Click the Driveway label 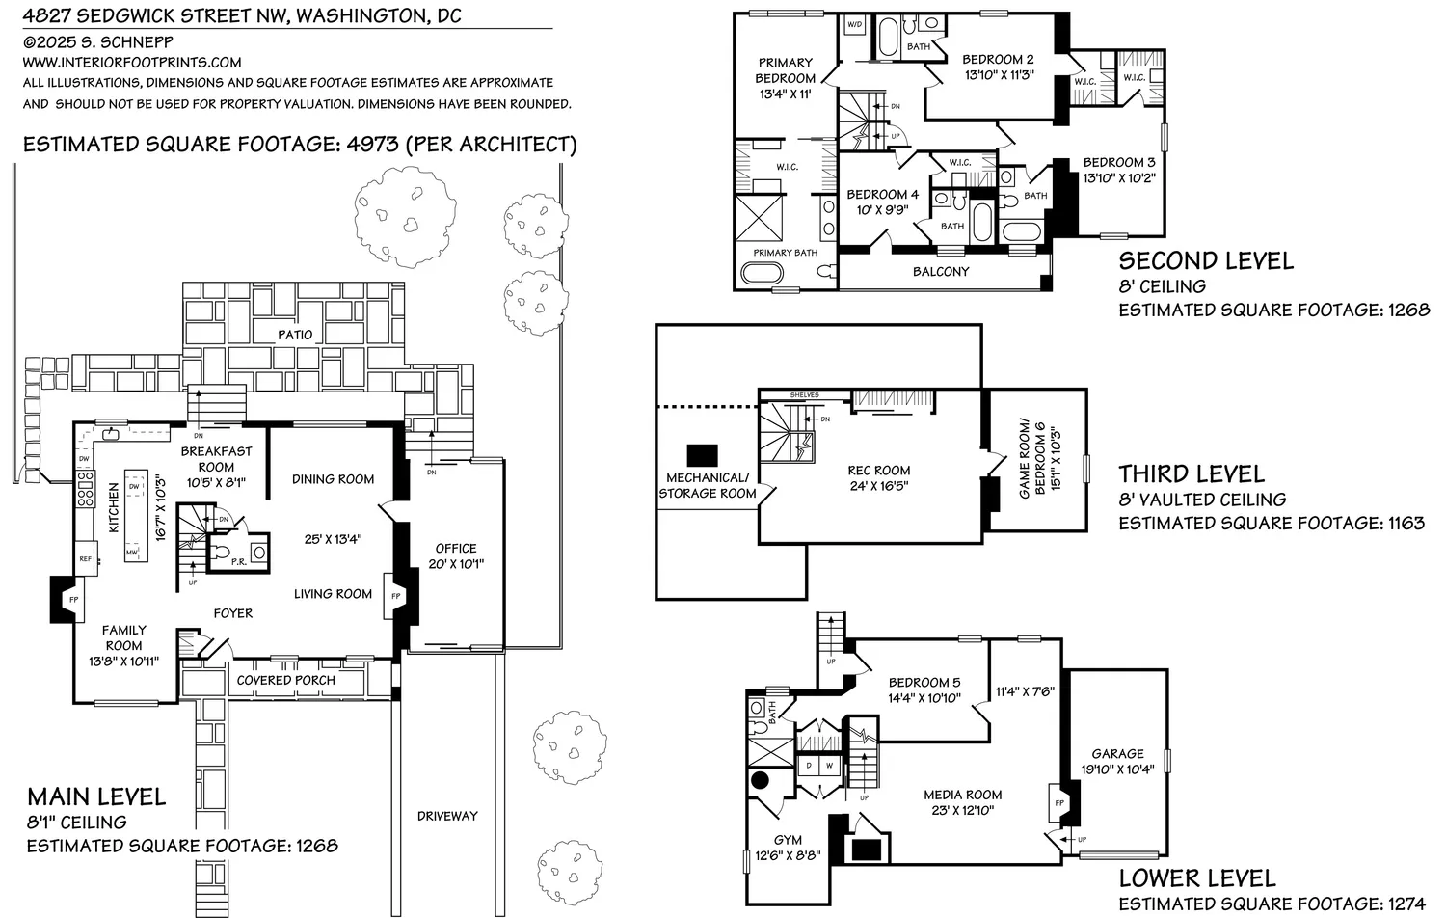[x=447, y=816]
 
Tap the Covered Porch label [x=286, y=680]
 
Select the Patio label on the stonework [x=295, y=335]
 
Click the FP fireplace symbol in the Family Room [x=73, y=600]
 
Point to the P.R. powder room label [x=238, y=560]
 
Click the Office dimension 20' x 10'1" [x=456, y=564]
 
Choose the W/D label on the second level [x=855, y=24]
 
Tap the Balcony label [x=941, y=272]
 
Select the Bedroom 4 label [x=882, y=195]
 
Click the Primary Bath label [x=785, y=253]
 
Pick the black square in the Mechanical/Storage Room [x=702, y=455]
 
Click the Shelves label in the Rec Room [x=804, y=395]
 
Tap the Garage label [x=1117, y=754]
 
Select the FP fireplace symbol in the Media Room [x=1058, y=803]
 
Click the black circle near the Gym [x=760, y=780]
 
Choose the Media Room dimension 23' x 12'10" [x=962, y=810]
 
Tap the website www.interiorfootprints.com [x=132, y=63]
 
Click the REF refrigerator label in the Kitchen [x=85, y=558]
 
